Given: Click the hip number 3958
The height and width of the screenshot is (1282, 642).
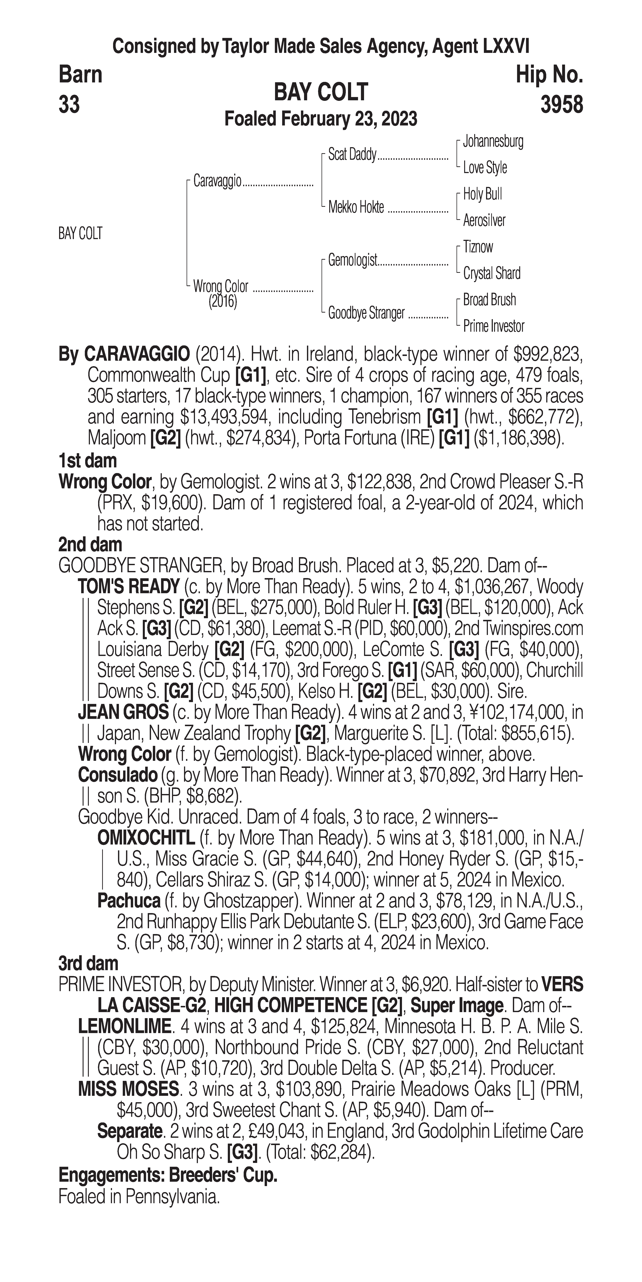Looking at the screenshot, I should click(561, 105).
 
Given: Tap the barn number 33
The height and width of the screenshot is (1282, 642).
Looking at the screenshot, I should click(69, 105).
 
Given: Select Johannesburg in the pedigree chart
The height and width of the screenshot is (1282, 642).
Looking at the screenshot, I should click(493, 141).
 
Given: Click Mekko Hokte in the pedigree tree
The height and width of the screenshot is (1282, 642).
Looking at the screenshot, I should click(356, 208).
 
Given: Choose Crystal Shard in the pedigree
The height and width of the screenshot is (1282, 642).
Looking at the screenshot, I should click(491, 273).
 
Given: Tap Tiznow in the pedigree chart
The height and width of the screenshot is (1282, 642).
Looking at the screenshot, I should click(478, 247).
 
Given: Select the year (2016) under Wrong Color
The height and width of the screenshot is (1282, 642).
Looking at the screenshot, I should click(223, 302).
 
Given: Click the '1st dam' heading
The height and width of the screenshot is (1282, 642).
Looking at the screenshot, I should click(88, 461).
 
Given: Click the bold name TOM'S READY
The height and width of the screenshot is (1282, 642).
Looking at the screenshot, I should click(128, 587).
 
